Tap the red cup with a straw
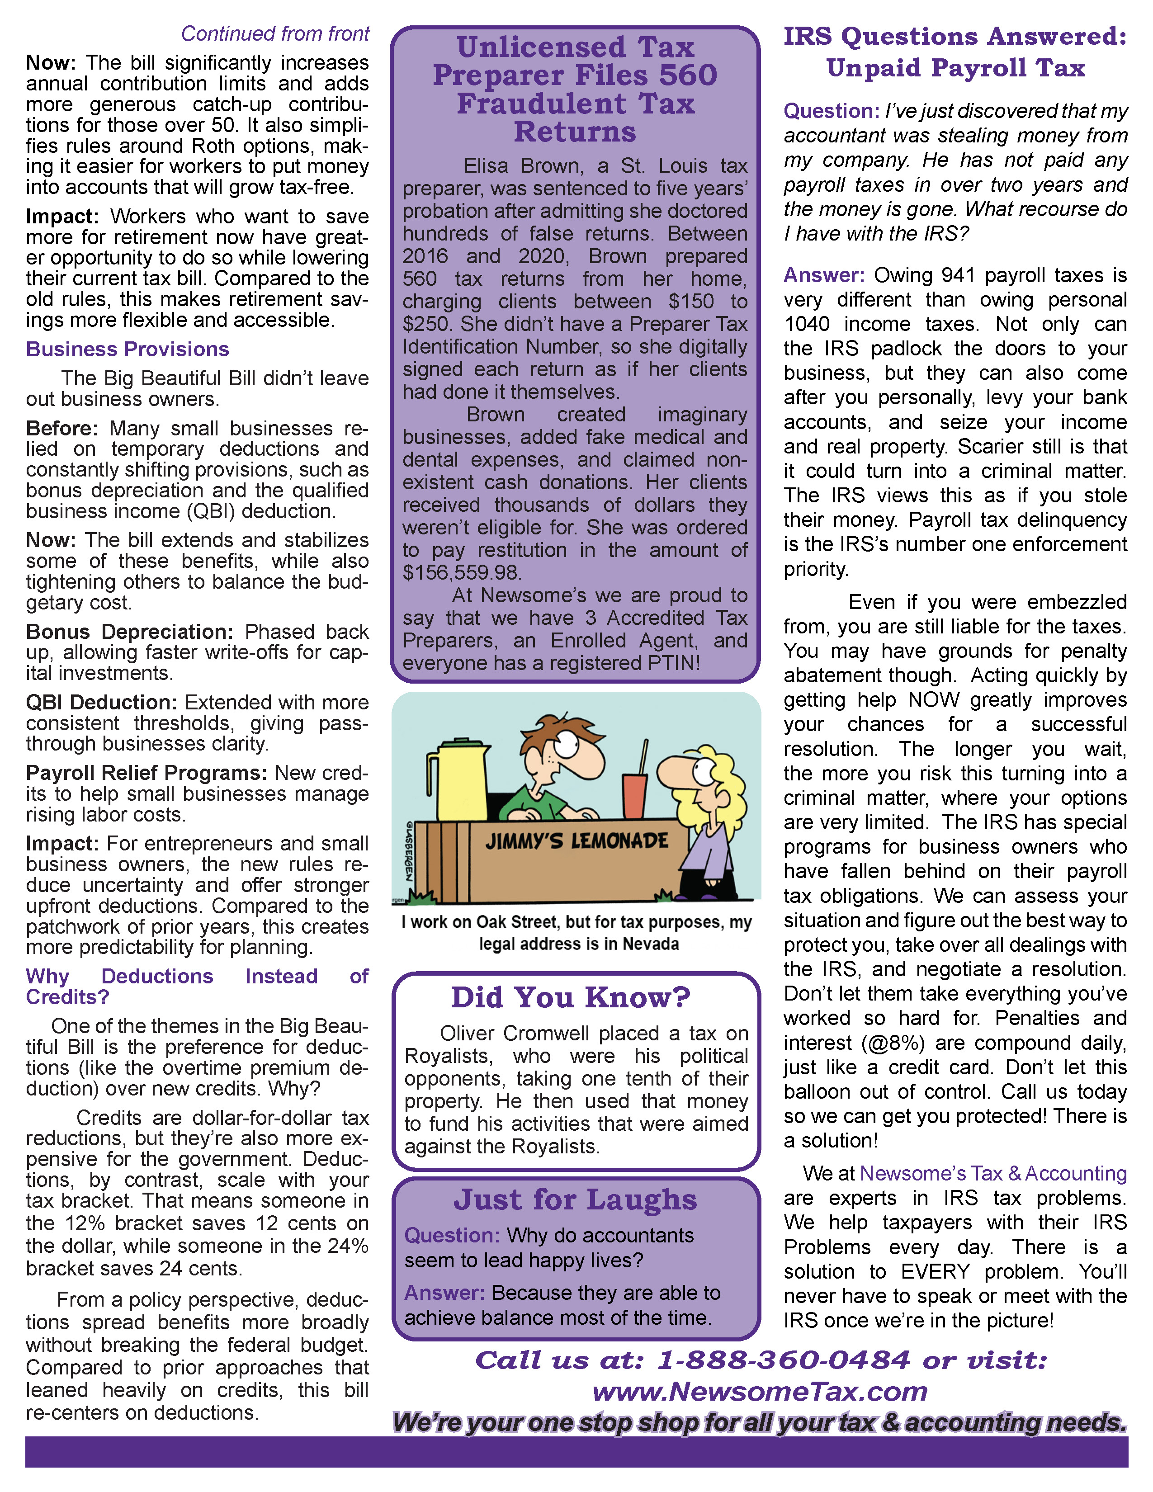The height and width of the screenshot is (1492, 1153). [x=634, y=796]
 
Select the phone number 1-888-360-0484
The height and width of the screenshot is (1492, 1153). [x=784, y=1360]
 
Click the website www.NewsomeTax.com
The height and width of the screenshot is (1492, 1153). [x=760, y=1391]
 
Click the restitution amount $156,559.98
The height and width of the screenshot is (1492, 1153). [x=462, y=572]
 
